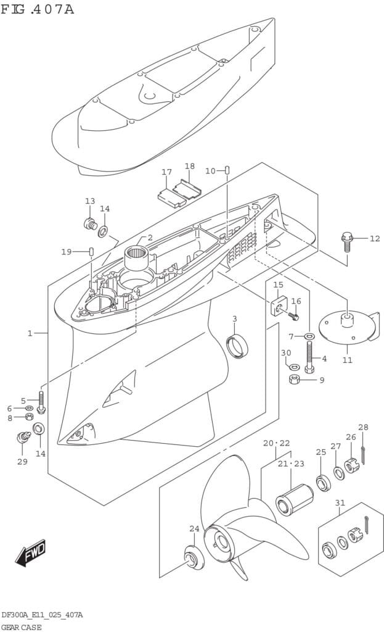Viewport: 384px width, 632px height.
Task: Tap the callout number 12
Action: coord(375,238)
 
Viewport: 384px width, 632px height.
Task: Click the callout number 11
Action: coord(347,360)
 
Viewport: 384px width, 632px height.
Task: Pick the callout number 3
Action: coord(234,318)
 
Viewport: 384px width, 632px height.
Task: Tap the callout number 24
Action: coord(195,528)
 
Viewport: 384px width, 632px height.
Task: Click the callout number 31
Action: coord(340,502)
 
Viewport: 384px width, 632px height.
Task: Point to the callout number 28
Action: coord(363,427)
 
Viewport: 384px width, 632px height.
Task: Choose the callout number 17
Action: coord(166,172)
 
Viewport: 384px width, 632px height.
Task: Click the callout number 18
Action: coord(189,166)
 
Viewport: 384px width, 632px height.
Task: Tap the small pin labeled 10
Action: coord(227,170)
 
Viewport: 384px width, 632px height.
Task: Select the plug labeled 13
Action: coord(91,223)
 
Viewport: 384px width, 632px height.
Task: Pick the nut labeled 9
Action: coord(295,380)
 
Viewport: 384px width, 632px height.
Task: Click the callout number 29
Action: coord(22,462)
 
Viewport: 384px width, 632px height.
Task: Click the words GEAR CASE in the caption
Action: coord(22,627)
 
